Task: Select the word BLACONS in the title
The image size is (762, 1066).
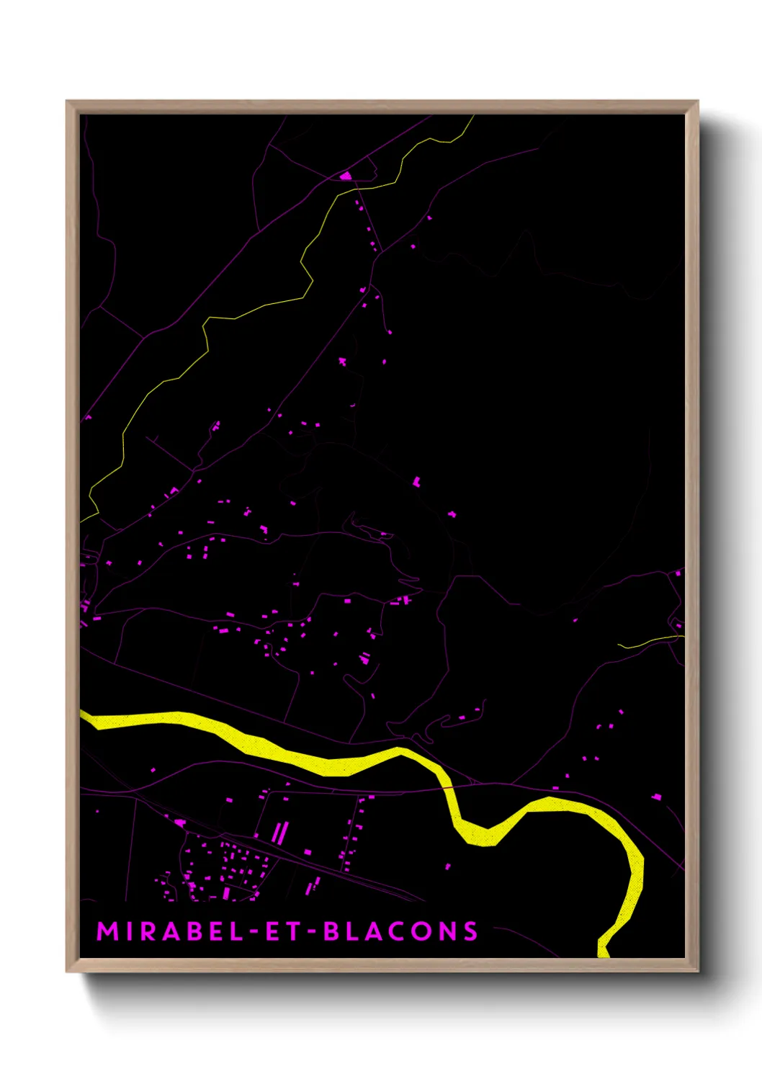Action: (x=400, y=931)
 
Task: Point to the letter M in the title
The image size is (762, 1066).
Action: (x=107, y=931)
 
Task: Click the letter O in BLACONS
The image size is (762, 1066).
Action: (x=423, y=931)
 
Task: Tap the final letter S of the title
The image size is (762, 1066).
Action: (x=470, y=931)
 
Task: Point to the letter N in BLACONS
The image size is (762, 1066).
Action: (x=448, y=931)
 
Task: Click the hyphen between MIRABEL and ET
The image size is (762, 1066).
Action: (x=253, y=932)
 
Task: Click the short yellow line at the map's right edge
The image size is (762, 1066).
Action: (x=648, y=640)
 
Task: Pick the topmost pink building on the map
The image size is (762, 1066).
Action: (x=346, y=175)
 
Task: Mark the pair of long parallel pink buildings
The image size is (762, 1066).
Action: (x=279, y=833)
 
